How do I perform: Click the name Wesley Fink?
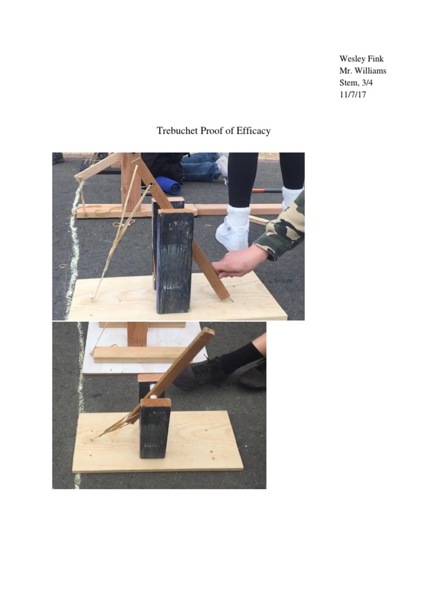point(361,59)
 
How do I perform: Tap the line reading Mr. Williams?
point(362,71)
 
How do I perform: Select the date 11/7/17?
point(353,95)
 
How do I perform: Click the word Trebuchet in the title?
point(177,131)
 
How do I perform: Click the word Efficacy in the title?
point(253,131)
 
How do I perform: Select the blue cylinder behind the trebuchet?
point(168,185)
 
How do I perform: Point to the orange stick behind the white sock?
point(266,190)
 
